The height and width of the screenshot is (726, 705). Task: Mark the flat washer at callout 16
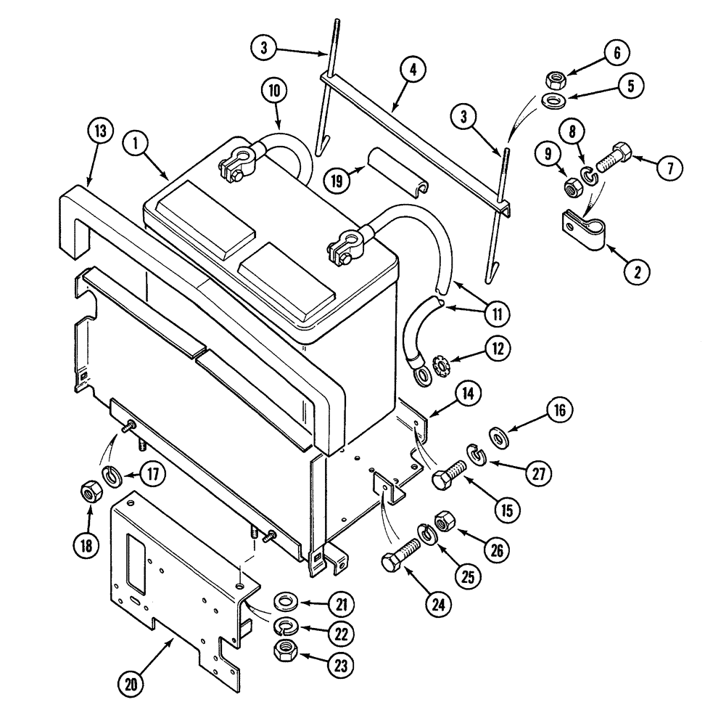pyautogui.click(x=499, y=437)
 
